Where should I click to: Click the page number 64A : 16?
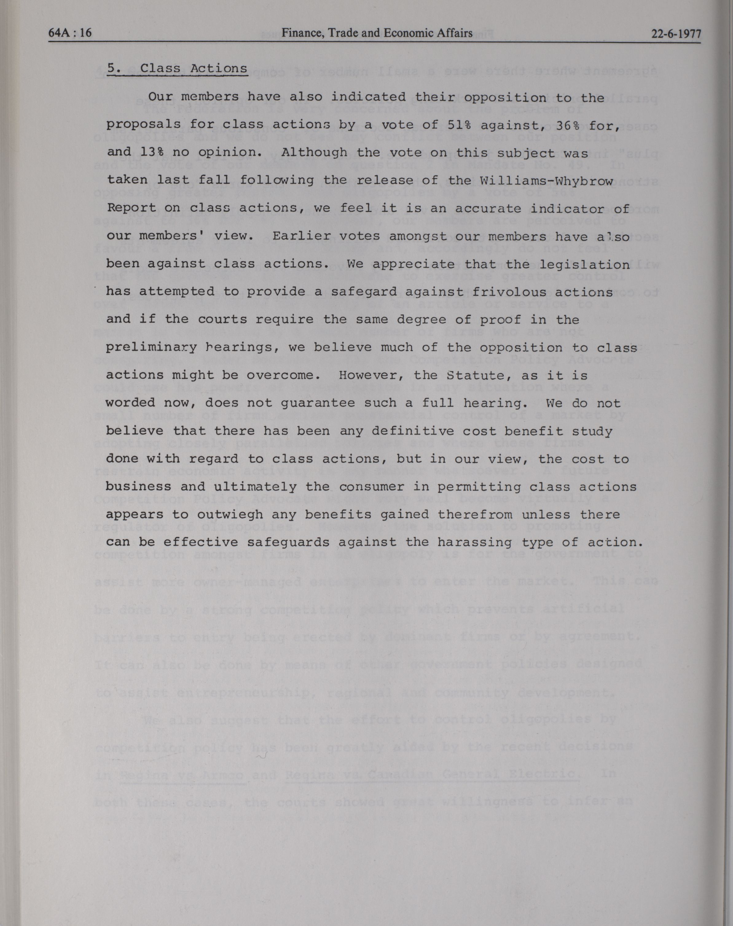(70, 33)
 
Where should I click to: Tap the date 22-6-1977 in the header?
(676, 34)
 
